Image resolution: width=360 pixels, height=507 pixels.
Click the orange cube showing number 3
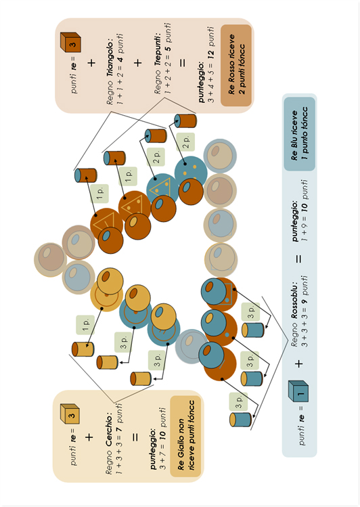70,43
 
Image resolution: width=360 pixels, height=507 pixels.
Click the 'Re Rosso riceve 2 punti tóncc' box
236,65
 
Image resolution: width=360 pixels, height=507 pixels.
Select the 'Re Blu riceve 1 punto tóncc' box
299,134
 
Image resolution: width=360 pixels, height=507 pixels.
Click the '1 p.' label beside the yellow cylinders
85,325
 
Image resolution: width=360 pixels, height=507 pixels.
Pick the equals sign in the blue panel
299,259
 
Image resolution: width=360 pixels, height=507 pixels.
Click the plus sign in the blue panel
299,363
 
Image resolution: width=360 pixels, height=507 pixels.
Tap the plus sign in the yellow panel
89,437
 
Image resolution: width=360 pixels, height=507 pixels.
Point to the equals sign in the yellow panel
135,437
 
